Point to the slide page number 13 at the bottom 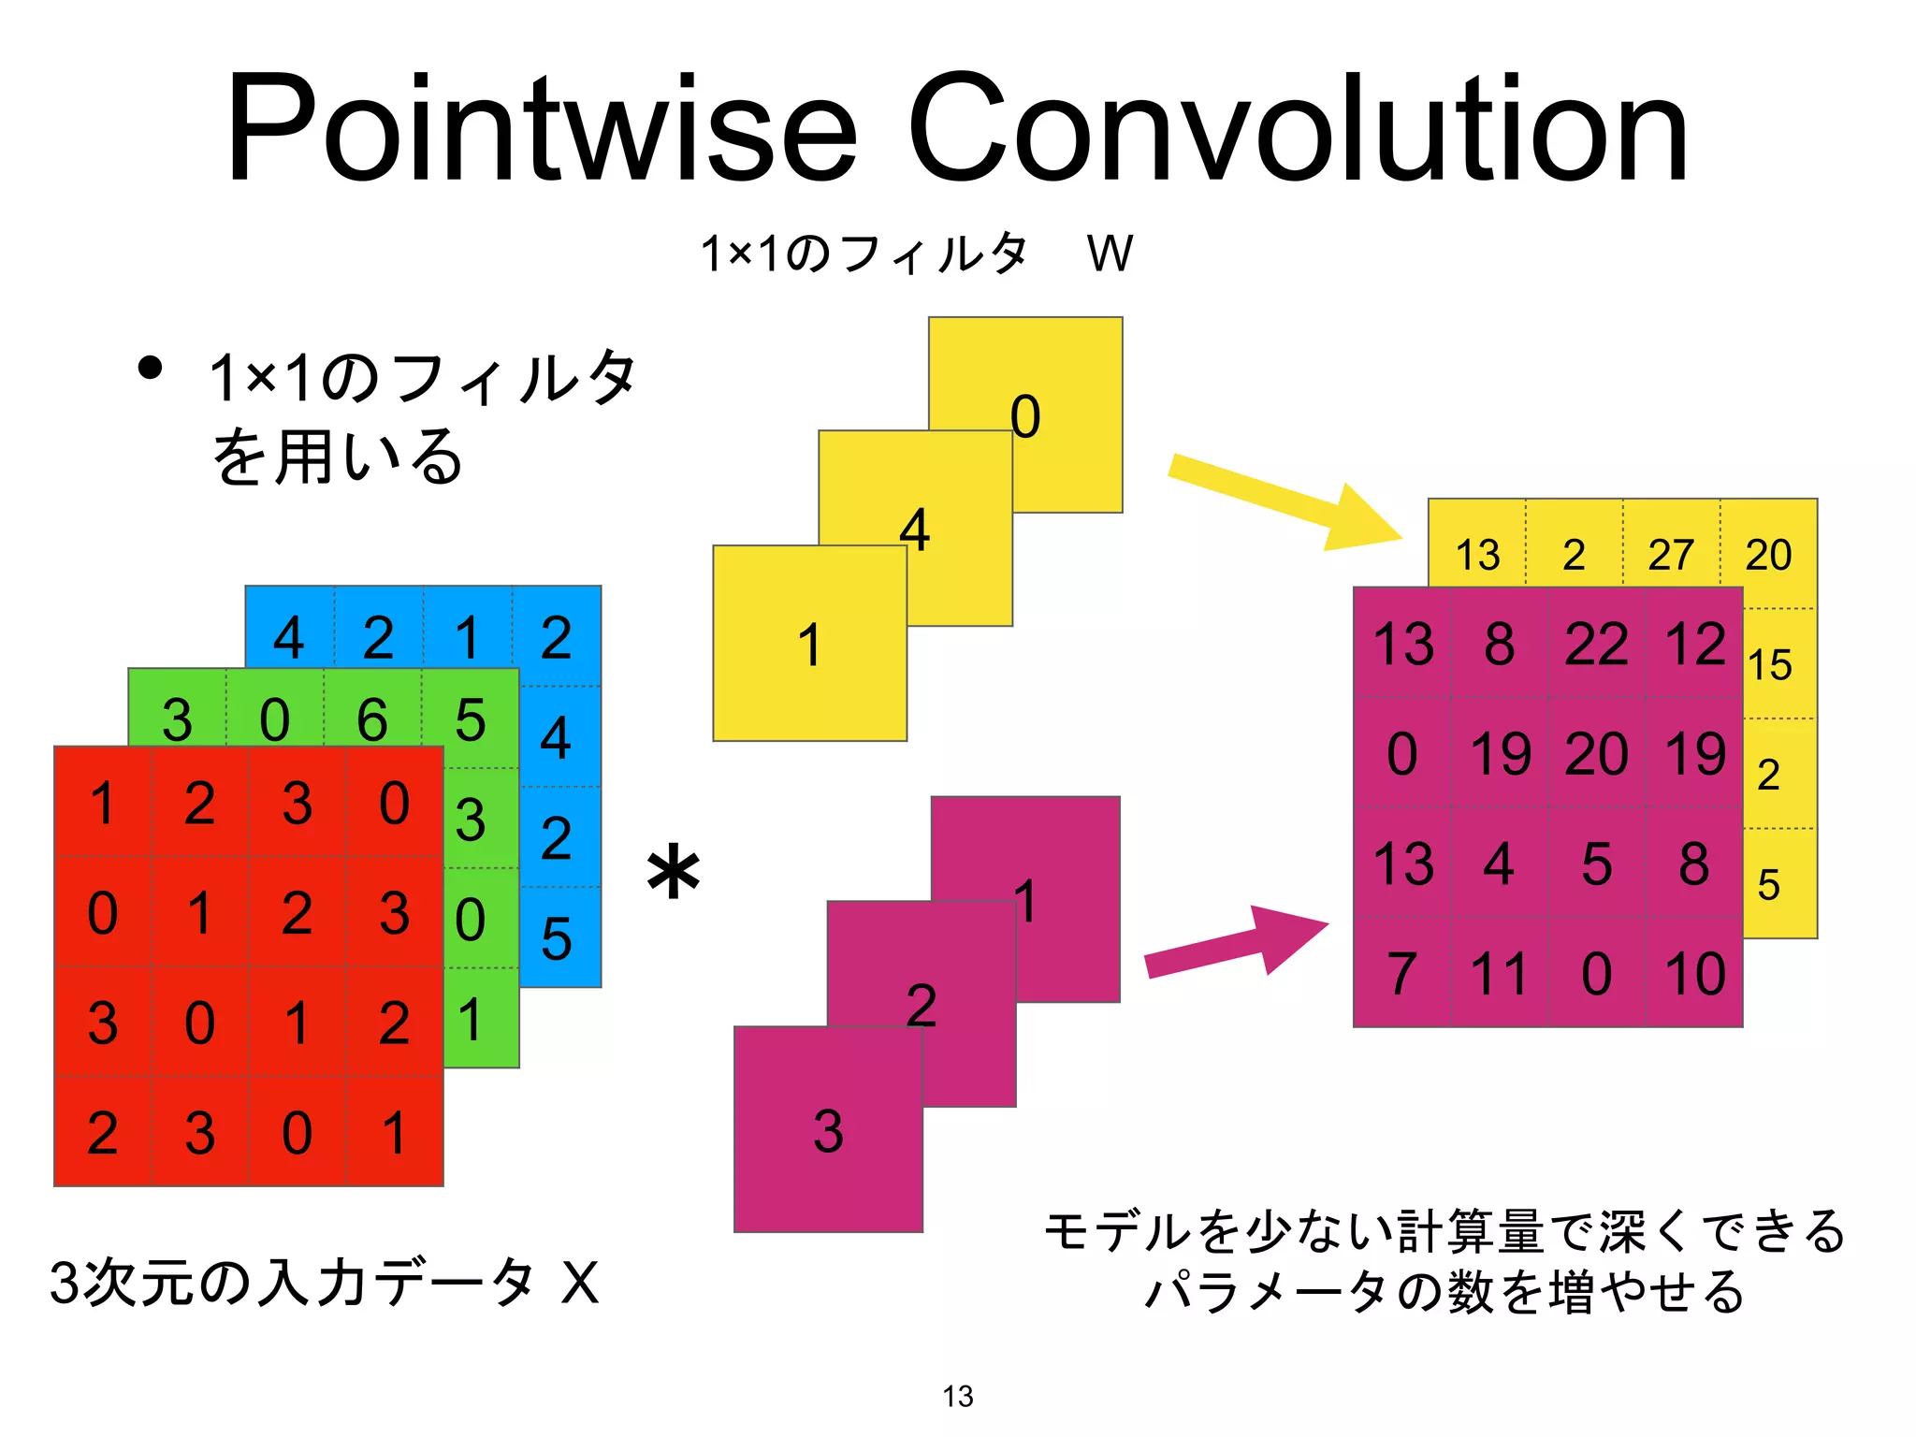point(958,1396)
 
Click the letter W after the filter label point(1110,254)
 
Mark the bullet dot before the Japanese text point(150,368)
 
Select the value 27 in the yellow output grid point(1671,555)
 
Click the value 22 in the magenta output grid point(1596,644)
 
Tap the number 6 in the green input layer point(372,720)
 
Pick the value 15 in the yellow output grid point(1770,665)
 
